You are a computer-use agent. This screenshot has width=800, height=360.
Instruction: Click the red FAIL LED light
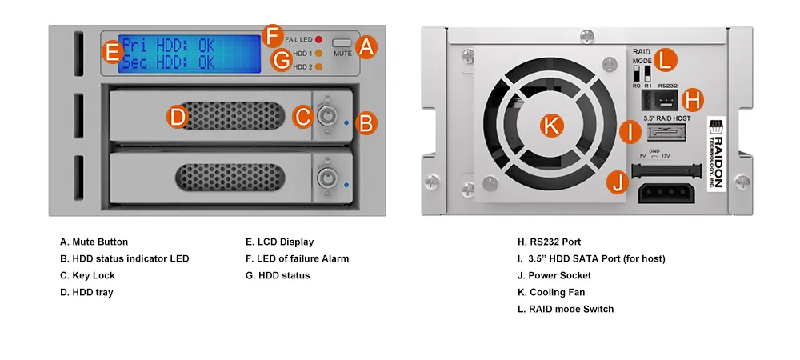pos(319,39)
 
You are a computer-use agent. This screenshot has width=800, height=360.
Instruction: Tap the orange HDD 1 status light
pos(319,53)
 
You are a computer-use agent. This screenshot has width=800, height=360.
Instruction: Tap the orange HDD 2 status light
pos(319,66)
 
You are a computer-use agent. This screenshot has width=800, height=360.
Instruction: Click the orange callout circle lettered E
pos(112,53)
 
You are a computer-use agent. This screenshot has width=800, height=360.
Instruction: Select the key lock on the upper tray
pos(326,116)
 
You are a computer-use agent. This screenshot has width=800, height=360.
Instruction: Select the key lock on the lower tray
pos(326,178)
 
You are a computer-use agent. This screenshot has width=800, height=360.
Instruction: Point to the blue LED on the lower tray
pos(346,185)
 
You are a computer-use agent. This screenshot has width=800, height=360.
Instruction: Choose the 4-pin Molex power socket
pos(667,193)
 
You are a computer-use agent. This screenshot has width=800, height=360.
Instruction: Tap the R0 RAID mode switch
pos(636,74)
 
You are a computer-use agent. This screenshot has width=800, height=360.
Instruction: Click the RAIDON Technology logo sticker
pos(716,154)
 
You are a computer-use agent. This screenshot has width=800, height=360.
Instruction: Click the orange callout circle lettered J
pos(618,182)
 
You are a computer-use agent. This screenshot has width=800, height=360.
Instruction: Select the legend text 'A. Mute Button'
pos(94,242)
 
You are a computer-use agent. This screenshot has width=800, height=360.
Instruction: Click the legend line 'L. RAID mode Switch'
pos(566,309)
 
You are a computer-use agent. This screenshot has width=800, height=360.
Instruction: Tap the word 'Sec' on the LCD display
pos(134,62)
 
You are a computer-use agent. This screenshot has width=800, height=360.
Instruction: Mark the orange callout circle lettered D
pos(178,117)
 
